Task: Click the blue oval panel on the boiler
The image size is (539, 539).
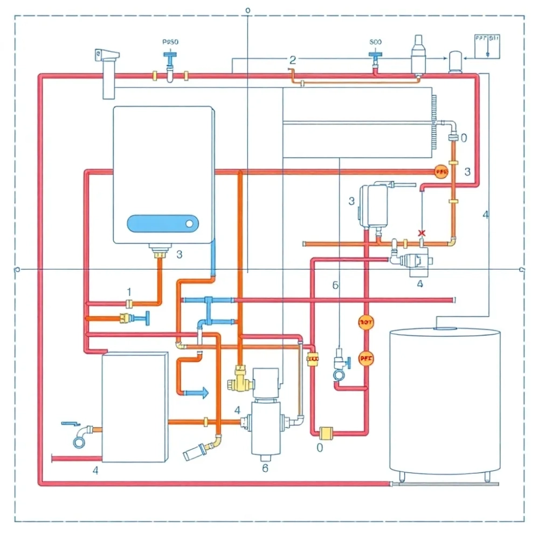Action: click(x=162, y=223)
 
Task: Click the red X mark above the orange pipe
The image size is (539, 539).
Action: click(x=421, y=233)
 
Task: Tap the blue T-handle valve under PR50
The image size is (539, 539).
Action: click(x=169, y=58)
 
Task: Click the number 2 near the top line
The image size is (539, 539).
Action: click(x=293, y=60)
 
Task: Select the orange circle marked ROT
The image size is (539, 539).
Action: click(x=365, y=322)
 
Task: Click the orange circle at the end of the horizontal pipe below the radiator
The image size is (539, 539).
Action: click(x=441, y=172)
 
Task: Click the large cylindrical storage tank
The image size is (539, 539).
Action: click(x=444, y=401)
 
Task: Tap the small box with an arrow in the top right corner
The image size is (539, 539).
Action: click(x=487, y=46)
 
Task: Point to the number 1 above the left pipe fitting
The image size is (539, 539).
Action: click(x=129, y=292)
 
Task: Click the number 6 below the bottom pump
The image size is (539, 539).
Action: click(x=265, y=468)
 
